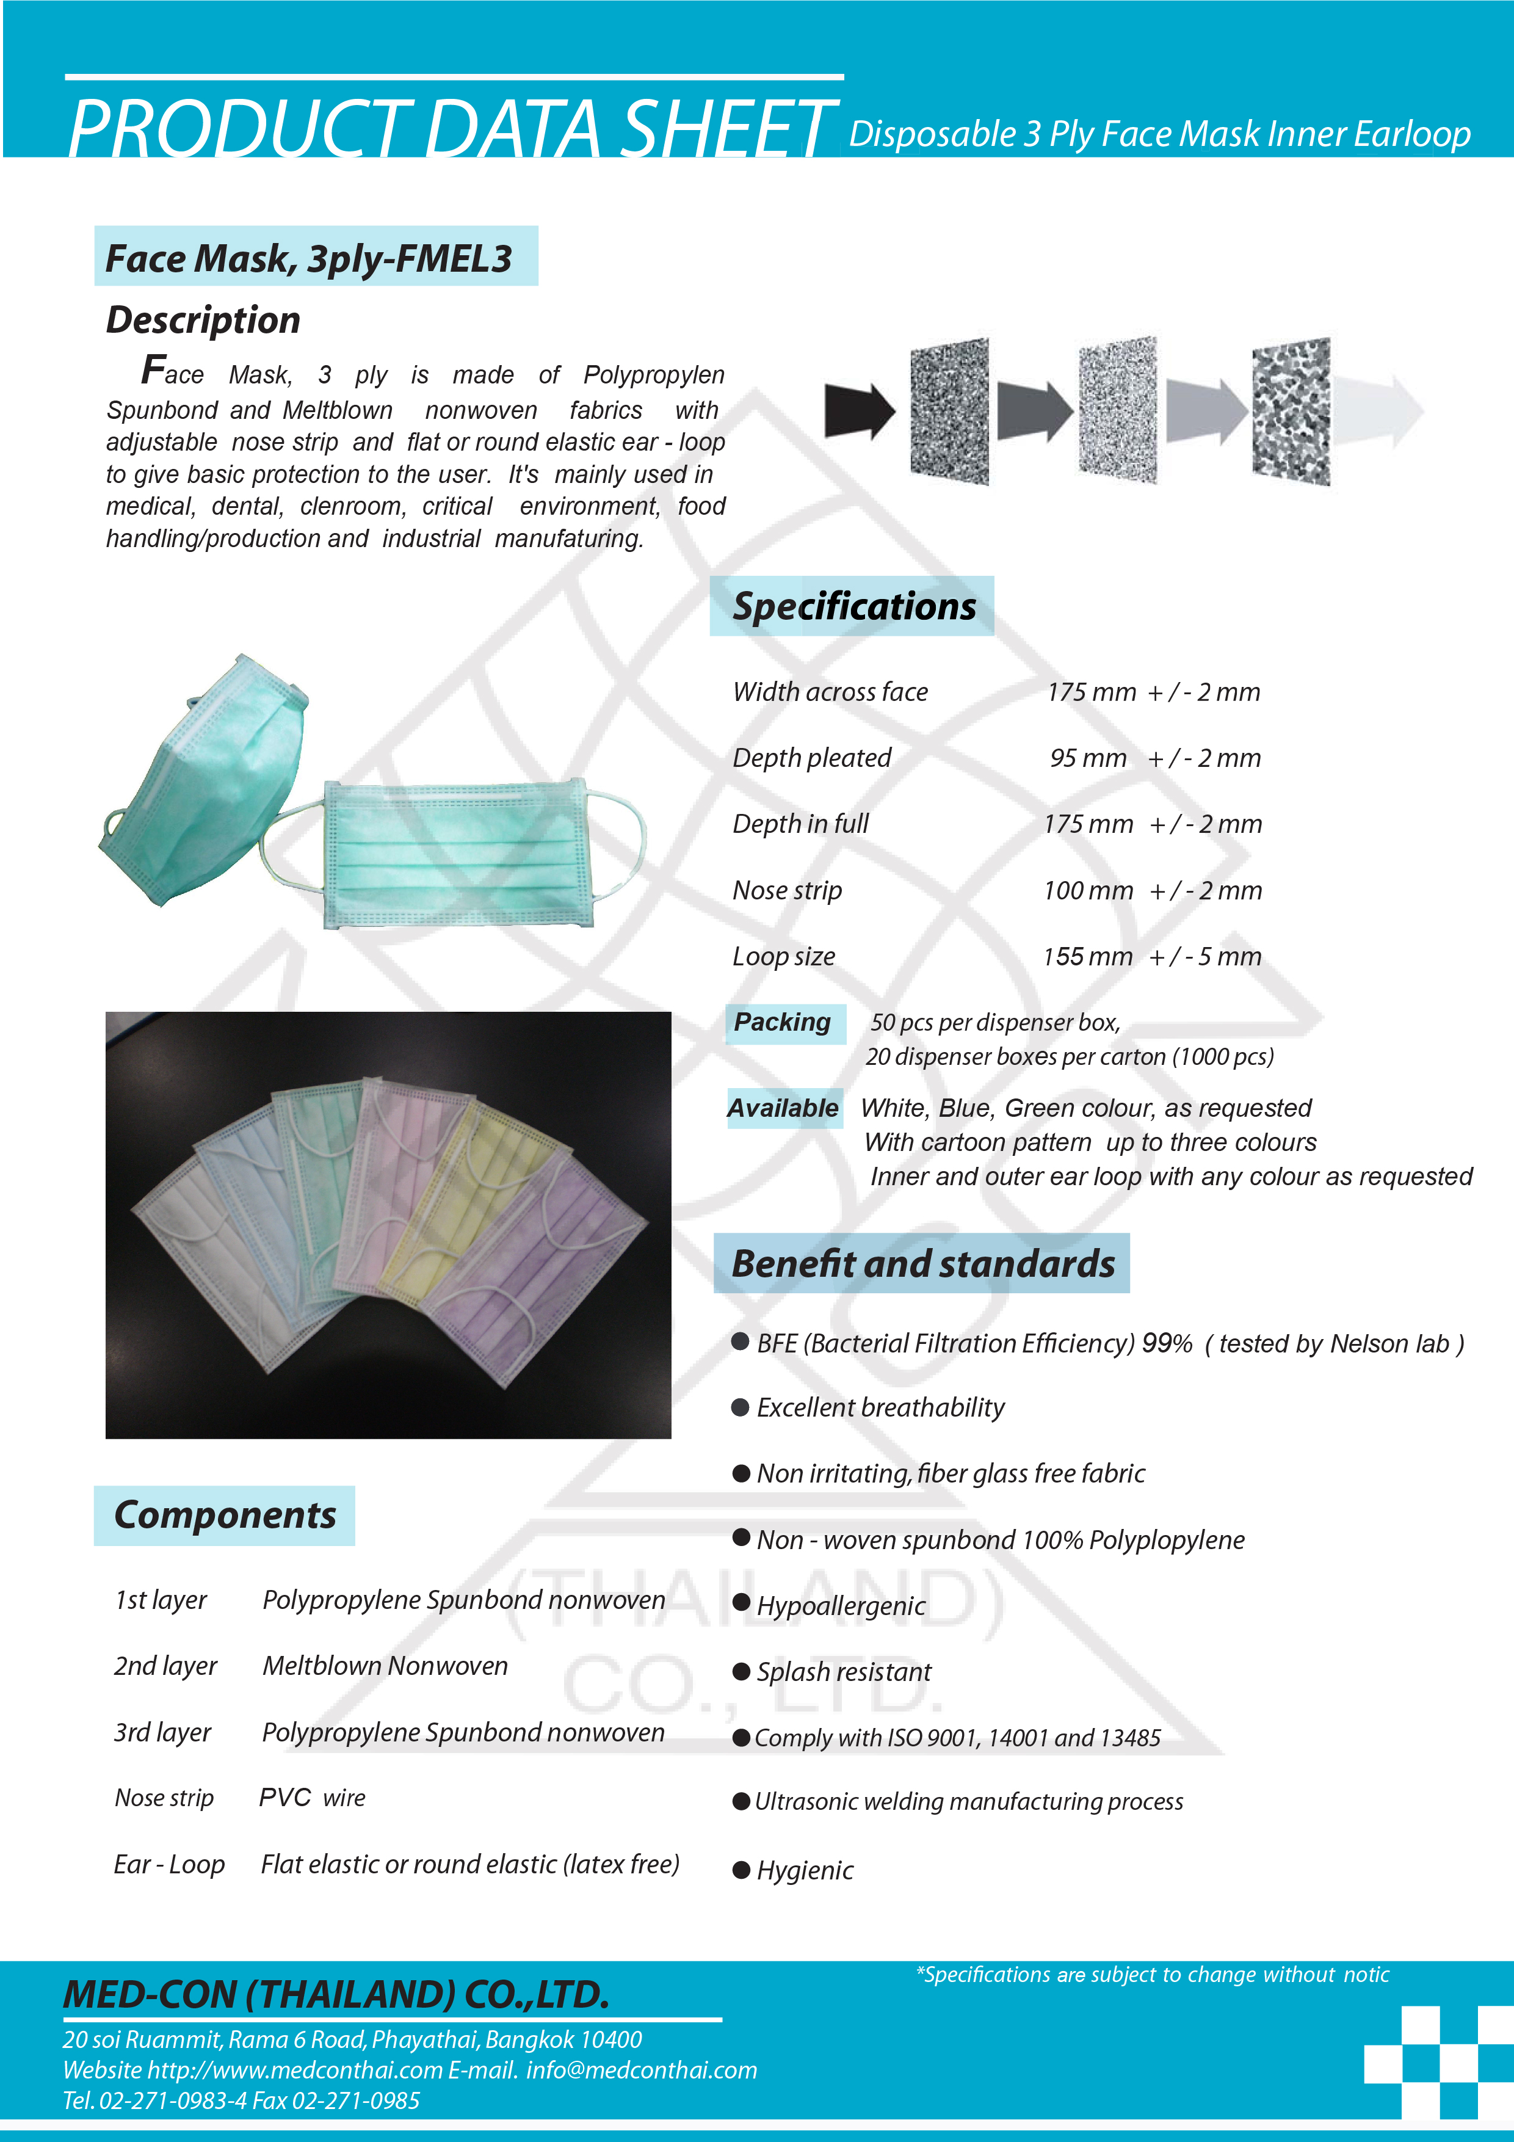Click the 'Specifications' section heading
coord(853,606)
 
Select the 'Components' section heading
coord(225,1515)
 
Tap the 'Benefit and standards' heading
coord(922,1264)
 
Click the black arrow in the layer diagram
coord(859,410)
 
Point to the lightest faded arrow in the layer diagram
coord(1378,410)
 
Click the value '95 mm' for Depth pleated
coord(1088,758)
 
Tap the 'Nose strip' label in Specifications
coord(788,891)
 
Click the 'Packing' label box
coord(783,1023)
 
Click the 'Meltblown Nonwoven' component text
coord(385,1666)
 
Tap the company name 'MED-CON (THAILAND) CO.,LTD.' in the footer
coord(336,1995)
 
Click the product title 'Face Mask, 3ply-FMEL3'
coord(309,258)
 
